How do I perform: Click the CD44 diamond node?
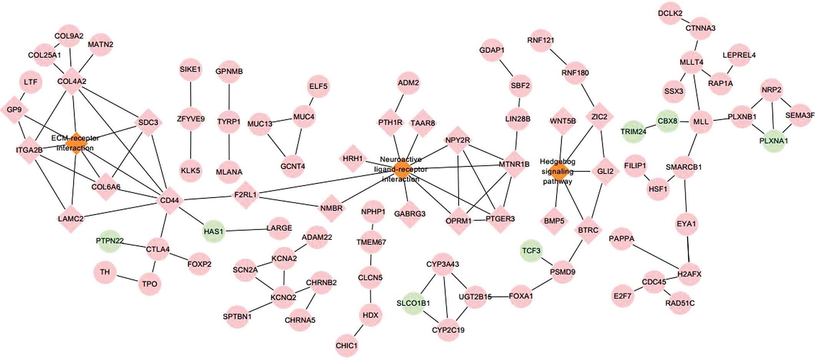click(170, 200)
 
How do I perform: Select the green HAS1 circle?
click(213, 231)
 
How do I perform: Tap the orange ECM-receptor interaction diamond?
click(76, 143)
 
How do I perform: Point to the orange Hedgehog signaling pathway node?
click(558, 172)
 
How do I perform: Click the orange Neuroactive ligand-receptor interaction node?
click(401, 169)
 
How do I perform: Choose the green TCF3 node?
click(531, 251)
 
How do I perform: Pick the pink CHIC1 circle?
click(347, 345)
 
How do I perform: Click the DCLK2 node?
click(670, 13)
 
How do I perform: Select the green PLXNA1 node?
click(773, 141)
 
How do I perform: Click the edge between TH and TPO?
click(127, 278)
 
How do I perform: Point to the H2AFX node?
click(689, 274)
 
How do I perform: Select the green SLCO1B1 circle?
click(413, 303)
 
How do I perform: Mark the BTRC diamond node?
click(588, 230)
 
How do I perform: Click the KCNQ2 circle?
click(283, 297)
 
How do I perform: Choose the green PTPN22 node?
click(110, 241)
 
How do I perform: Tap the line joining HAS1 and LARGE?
click(246, 230)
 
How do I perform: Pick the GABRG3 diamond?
click(410, 213)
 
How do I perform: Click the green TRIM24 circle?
click(633, 132)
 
